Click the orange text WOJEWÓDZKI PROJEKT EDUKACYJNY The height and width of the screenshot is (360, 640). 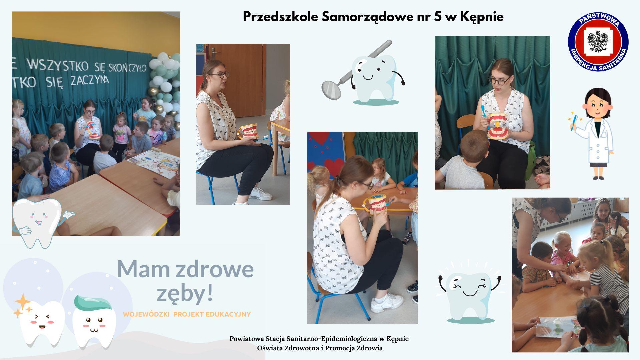pyautogui.click(x=187, y=314)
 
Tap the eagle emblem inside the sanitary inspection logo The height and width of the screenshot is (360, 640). pyautogui.click(x=598, y=41)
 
